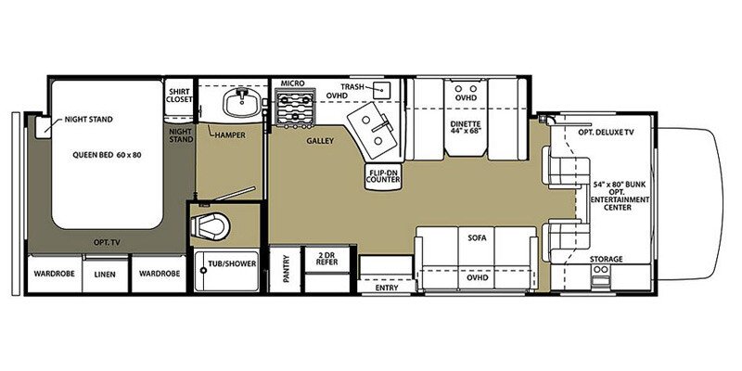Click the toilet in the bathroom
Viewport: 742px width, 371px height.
[x=211, y=226]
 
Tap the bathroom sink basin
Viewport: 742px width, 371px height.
[x=241, y=102]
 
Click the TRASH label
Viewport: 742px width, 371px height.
[x=353, y=87]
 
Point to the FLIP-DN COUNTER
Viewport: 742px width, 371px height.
[x=384, y=176]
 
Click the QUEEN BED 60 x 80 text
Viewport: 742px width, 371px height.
[x=107, y=155]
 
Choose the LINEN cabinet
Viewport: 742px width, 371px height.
[x=105, y=274]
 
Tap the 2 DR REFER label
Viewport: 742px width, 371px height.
[x=327, y=258]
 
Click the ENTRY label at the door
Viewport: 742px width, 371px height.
[x=387, y=288]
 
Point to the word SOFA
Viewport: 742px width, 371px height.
[x=477, y=238]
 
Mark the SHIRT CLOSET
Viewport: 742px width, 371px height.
[x=179, y=96]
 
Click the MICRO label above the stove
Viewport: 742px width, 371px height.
[x=292, y=83]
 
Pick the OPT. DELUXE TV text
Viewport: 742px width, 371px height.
[x=606, y=133]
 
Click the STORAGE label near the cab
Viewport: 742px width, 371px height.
[x=607, y=260]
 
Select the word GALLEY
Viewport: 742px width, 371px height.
[x=320, y=141]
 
